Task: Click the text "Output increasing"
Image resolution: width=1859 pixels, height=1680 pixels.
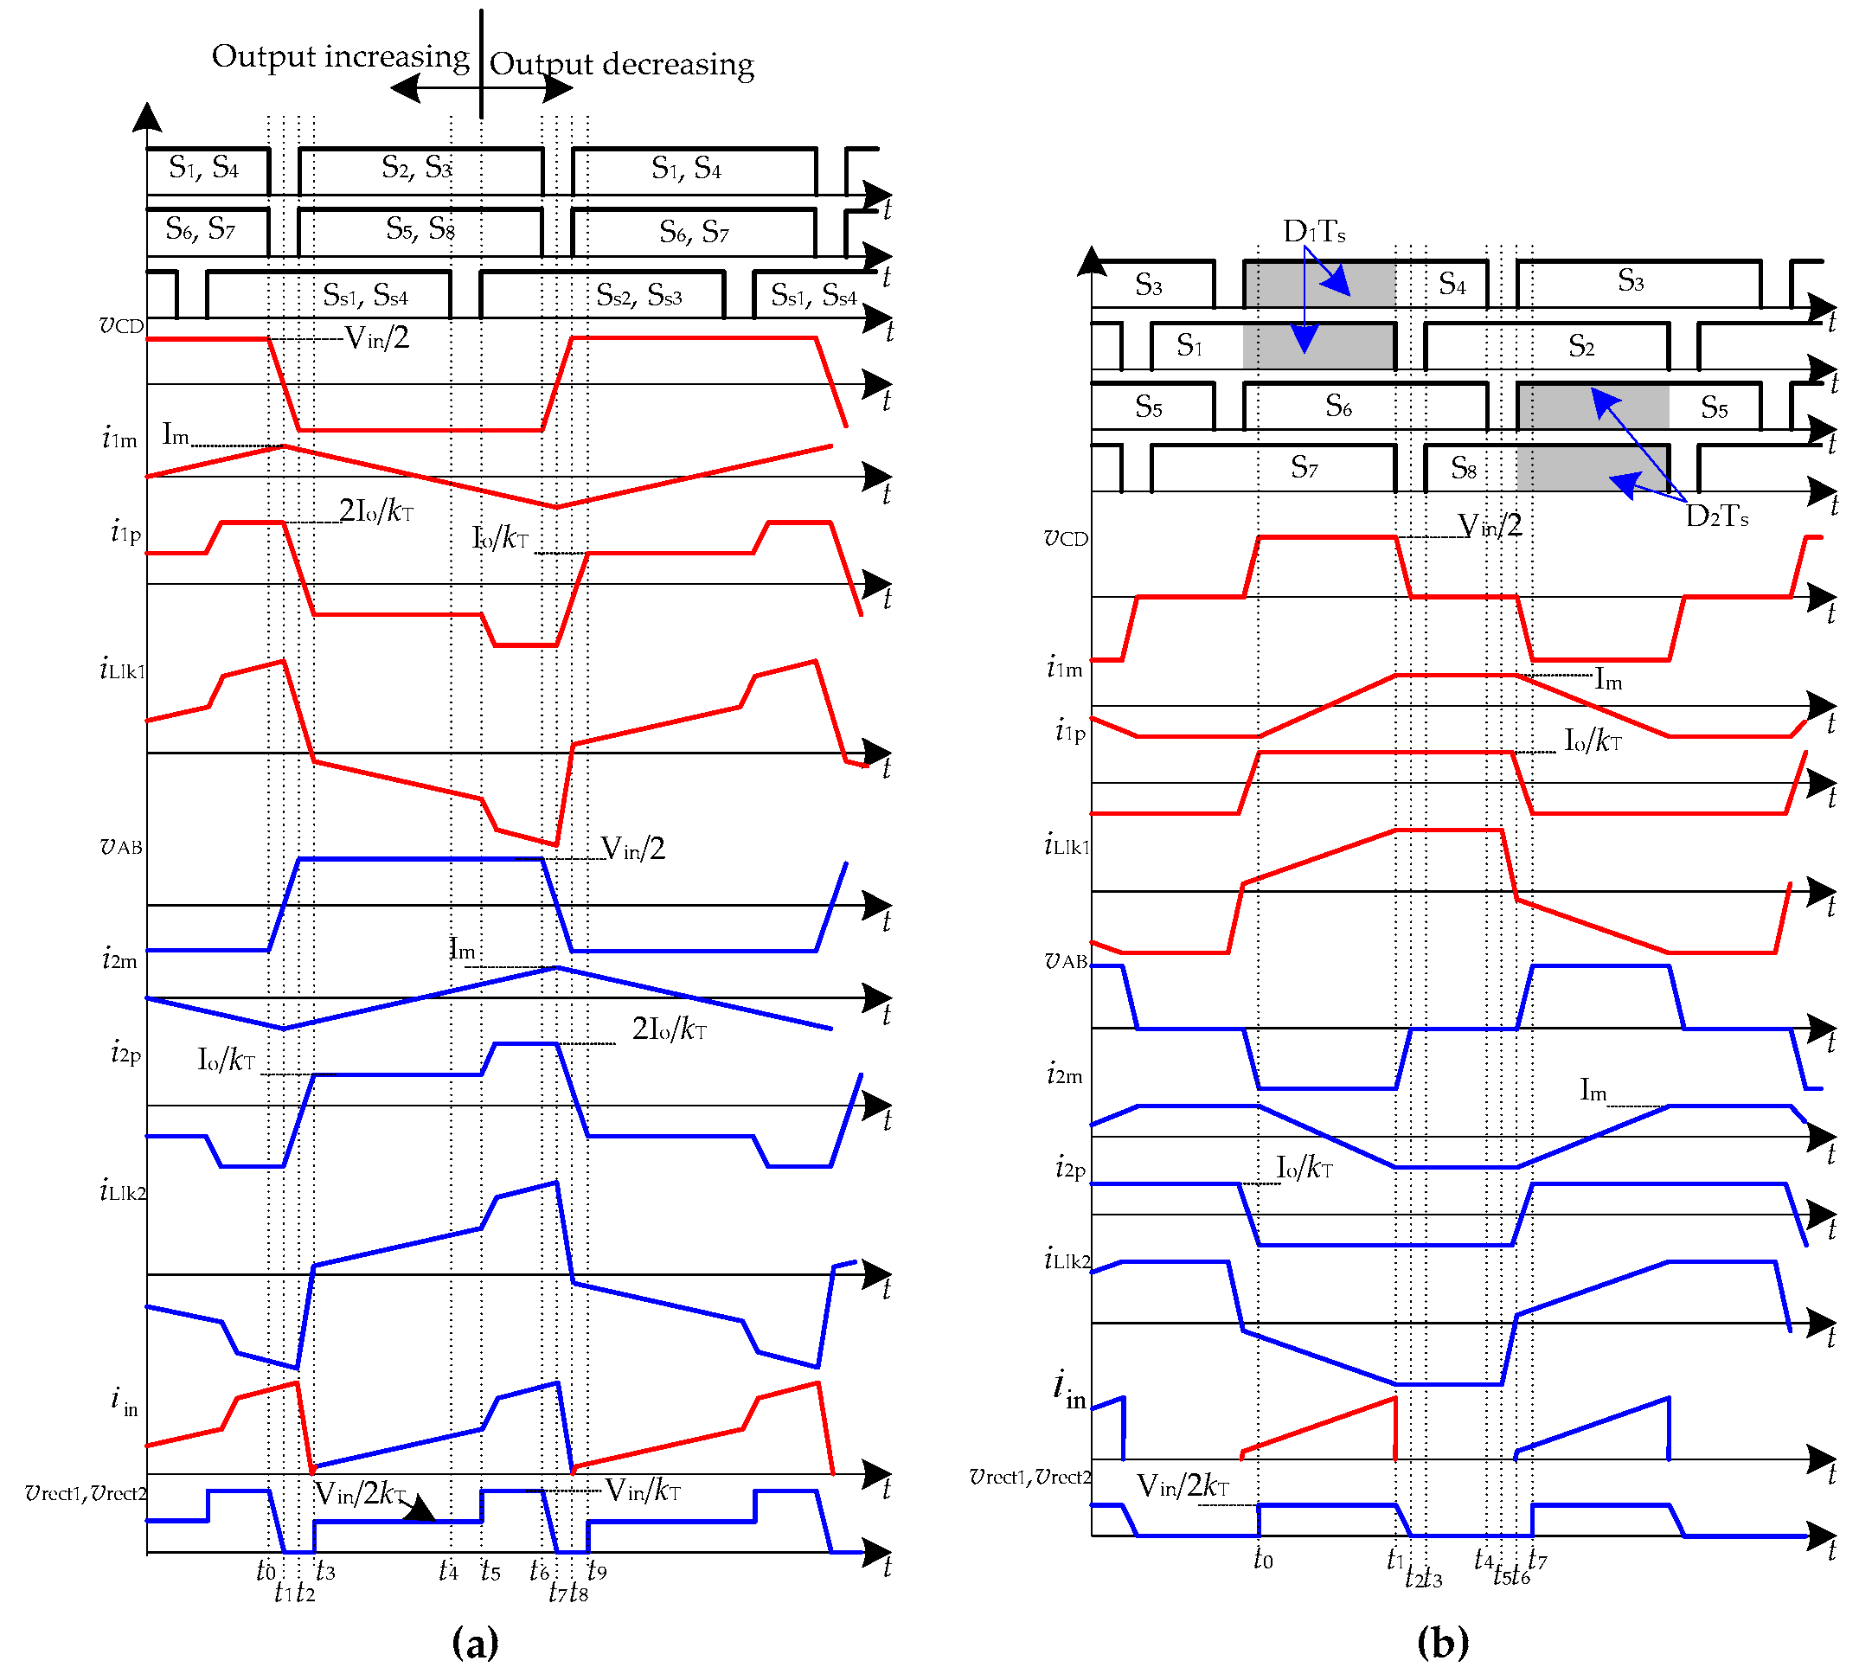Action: pyautogui.click(x=340, y=57)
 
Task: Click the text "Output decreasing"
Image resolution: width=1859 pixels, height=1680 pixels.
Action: pyautogui.click(x=621, y=65)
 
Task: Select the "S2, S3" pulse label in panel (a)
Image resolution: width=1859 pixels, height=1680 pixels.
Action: pyautogui.click(x=417, y=168)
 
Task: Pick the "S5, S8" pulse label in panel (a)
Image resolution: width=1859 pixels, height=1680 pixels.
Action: pyautogui.click(x=420, y=228)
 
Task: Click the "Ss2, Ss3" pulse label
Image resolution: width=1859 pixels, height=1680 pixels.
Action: pyautogui.click(x=639, y=296)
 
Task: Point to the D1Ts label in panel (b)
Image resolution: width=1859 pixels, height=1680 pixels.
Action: pyautogui.click(x=1314, y=232)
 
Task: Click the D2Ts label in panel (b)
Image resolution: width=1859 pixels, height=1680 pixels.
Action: pyautogui.click(x=1716, y=516)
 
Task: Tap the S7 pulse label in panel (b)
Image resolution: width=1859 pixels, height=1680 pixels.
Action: pyautogui.click(x=1304, y=468)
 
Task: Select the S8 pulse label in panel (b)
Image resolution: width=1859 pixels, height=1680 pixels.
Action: pyautogui.click(x=1464, y=468)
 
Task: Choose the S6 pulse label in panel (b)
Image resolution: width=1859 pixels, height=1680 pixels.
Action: pyautogui.click(x=1338, y=406)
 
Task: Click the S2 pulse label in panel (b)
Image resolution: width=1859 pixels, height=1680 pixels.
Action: pyautogui.click(x=1581, y=347)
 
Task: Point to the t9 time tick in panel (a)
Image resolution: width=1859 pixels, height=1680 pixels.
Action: pyautogui.click(x=598, y=1570)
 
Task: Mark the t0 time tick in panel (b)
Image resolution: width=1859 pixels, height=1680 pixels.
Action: pyautogui.click(x=1263, y=1559)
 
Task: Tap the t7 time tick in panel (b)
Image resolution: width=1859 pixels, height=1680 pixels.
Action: pyautogui.click(x=1537, y=1559)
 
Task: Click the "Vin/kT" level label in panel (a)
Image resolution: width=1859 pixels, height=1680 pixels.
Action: pyautogui.click(x=643, y=1491)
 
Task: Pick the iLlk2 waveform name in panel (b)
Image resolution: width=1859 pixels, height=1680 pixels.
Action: pyautogui.click(x=1067, y=1260)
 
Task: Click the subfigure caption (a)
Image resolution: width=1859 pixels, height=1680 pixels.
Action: pyautogui.click(x=475, y=1642)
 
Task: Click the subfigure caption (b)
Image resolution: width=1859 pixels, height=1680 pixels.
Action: pyautogui.click(x=1442, y=1642)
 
